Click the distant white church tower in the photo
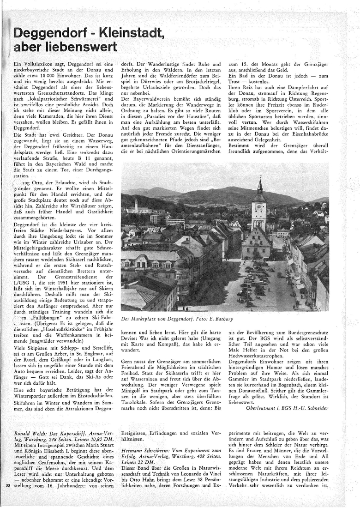[136, 205]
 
